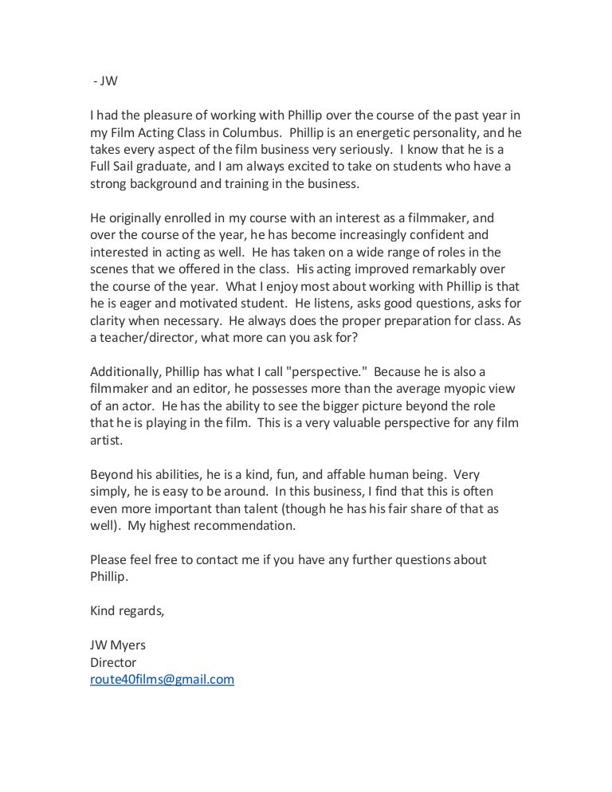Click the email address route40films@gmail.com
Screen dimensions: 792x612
162,680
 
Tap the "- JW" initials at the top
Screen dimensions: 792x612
102,80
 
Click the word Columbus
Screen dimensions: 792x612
245,132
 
